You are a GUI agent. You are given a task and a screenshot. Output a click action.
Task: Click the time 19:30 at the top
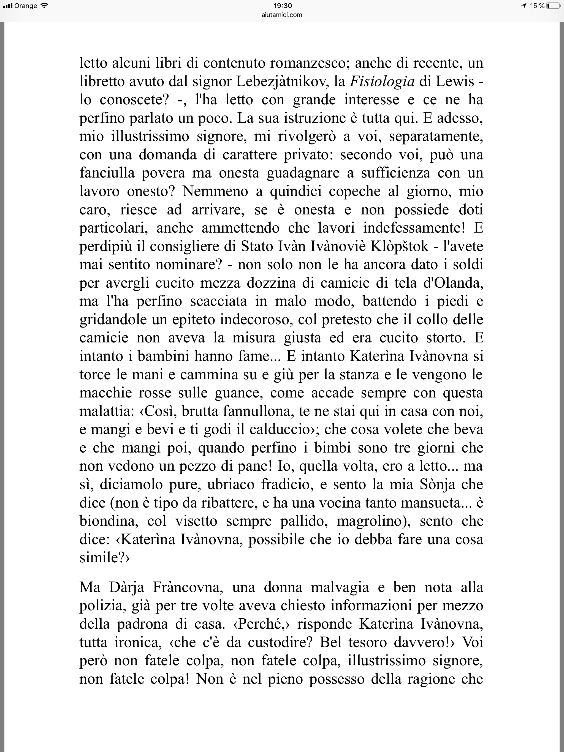[x=282, y=6]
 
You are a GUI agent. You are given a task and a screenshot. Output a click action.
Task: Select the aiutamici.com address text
[x=282, y=15]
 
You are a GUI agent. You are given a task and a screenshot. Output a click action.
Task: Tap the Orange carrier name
[x=26, y=6]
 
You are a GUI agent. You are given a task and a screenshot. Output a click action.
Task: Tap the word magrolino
[x=373, y=521]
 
